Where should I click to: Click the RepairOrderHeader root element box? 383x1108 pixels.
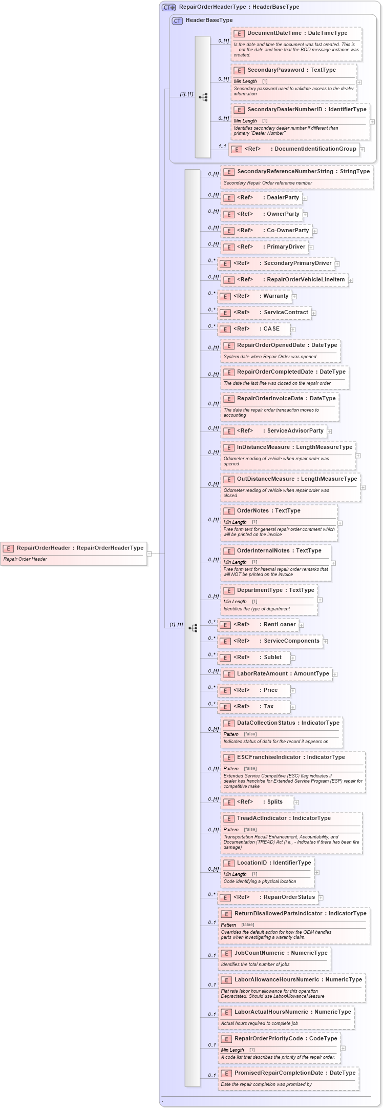(x=74, y=553)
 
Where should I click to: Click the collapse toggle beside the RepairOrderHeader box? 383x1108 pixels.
(x=149, y=553)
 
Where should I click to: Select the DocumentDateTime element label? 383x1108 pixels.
(x=297, y=33)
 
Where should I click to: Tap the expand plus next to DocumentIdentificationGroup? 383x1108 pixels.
(x=362, y=150)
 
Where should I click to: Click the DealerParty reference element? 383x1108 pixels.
(x=261, y=198)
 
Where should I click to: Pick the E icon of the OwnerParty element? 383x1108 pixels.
(x=228, y=214)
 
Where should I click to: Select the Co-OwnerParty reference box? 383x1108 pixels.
(x=266, y=231)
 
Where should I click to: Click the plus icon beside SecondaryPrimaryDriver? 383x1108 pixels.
(x=337, y=263)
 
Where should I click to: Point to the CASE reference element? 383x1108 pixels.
(x=254, y=329)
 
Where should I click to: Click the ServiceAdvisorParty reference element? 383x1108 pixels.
(x=274, y=431)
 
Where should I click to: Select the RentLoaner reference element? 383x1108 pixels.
(x=258, y=625)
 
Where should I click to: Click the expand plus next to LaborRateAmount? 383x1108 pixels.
(x=335, y=674)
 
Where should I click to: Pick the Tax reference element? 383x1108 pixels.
(x=254, y=707)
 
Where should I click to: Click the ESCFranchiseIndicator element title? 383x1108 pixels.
(x=290, y=757)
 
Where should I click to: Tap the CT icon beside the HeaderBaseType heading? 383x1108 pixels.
(x=177, y=20)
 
